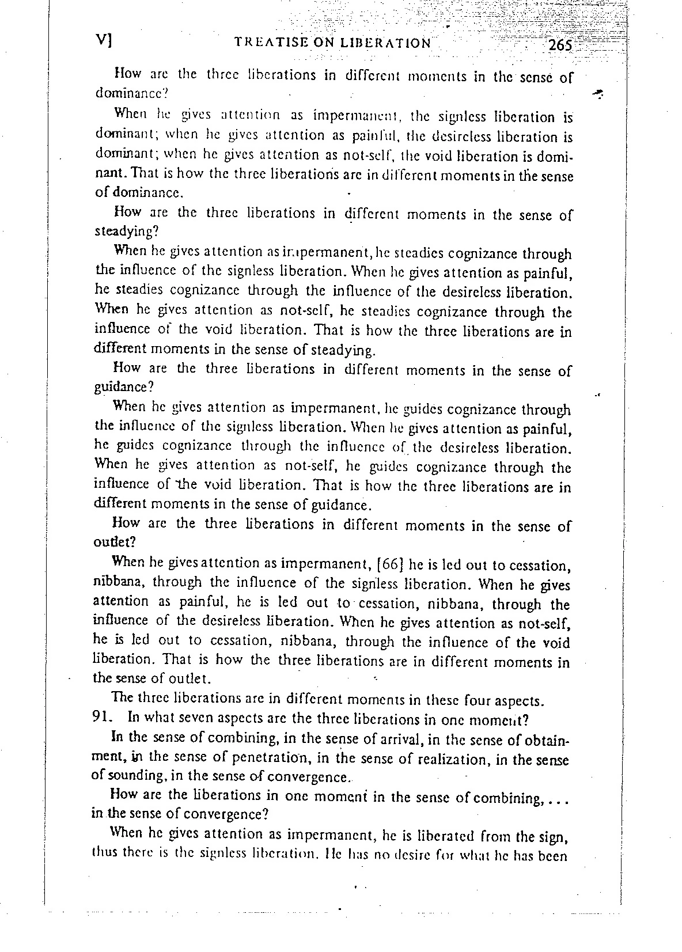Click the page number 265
559,45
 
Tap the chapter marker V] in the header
104,41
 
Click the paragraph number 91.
101,718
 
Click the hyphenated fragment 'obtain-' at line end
544,739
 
